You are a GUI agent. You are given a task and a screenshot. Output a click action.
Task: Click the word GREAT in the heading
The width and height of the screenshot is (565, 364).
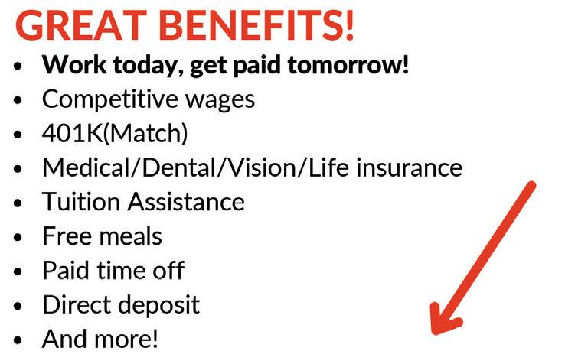81,25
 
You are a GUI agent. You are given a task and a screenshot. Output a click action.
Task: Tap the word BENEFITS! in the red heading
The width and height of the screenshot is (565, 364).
256,25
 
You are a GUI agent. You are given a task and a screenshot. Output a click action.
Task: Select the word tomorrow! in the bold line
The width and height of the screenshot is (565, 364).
348,65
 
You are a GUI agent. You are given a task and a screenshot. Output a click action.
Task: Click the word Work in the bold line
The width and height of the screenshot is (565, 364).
73,65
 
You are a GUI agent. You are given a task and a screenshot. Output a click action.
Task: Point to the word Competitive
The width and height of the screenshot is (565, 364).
110,99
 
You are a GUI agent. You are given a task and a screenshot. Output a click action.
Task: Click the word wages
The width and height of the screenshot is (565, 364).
220,101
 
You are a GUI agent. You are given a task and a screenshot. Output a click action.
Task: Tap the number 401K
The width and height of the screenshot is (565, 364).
73,133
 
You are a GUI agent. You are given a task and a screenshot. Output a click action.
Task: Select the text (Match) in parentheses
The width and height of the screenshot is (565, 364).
145,134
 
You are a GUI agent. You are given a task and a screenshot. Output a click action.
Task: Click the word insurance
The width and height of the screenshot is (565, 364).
409,167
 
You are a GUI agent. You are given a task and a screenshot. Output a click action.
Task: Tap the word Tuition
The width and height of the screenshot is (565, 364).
81,202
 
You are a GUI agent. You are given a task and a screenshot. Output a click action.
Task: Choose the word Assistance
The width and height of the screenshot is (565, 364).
186,202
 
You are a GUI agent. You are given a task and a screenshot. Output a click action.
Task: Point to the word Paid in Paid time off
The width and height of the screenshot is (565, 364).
66,270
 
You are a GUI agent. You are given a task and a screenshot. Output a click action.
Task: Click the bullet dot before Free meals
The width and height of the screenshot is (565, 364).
18,237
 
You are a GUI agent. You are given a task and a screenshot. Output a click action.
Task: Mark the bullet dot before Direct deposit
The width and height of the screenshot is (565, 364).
18,306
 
